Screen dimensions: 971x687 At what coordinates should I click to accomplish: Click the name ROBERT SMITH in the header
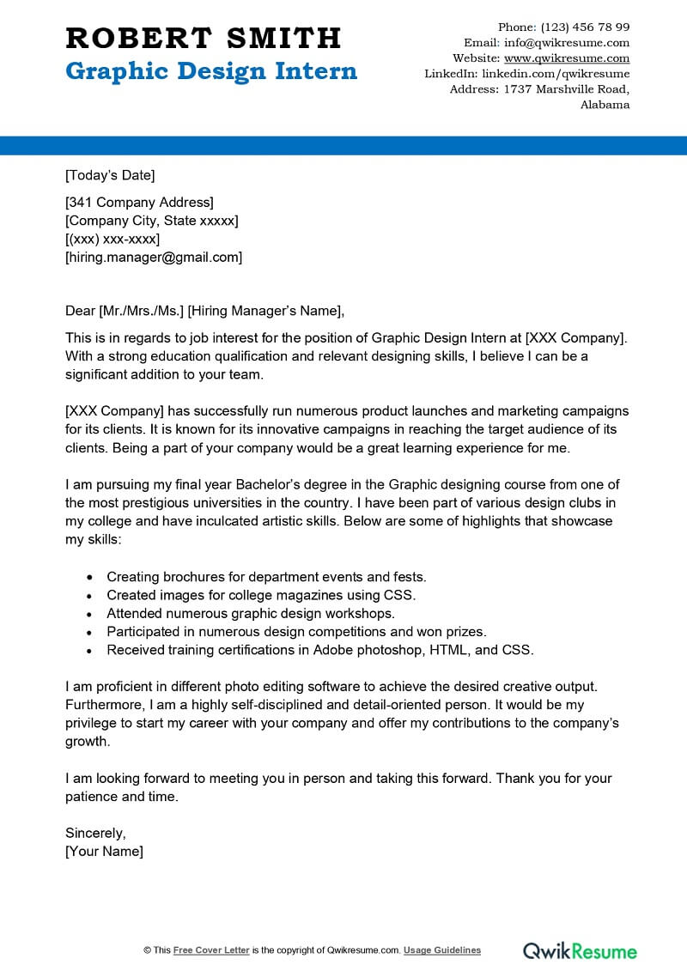204,38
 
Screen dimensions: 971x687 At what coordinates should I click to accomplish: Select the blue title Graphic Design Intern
211,71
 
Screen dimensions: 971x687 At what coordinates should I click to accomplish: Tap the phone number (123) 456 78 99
585,27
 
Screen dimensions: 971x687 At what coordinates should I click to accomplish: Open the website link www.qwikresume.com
567,58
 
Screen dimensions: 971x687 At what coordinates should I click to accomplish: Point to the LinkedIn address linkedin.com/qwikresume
555,74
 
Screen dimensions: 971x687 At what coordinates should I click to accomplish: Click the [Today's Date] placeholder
110,176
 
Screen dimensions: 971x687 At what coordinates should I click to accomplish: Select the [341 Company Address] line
139,203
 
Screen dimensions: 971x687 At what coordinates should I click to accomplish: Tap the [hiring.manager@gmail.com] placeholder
154,257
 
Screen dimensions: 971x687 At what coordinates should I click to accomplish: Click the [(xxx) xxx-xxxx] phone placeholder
112,239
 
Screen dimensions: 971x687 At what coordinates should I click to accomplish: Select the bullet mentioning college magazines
261,595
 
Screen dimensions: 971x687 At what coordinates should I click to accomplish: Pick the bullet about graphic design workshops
251,613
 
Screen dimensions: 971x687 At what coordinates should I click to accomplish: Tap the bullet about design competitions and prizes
296,632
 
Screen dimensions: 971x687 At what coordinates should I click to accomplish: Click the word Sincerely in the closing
95,833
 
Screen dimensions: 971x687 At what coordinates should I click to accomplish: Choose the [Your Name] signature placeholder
104,852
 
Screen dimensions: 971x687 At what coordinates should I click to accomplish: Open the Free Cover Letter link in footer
211,950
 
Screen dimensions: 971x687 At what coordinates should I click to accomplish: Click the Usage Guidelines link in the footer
442,950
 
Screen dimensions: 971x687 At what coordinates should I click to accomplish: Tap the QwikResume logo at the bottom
580,950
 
